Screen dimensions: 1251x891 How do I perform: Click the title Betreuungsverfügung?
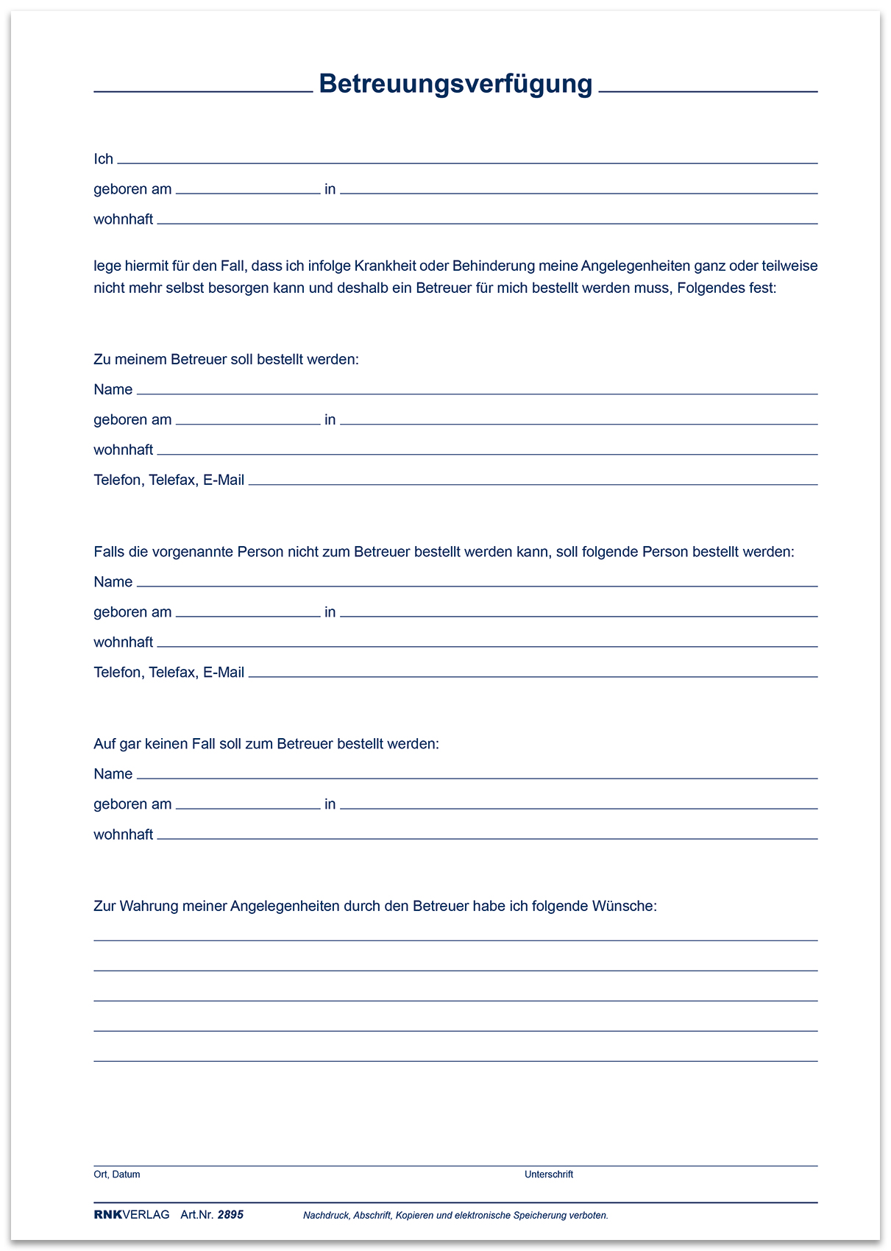455,84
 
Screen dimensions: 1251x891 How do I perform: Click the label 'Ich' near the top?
103,159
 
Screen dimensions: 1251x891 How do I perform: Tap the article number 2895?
230,1215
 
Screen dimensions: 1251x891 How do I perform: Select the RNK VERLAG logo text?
132,1215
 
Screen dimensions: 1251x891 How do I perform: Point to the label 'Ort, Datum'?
117,1174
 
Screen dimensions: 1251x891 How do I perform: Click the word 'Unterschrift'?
549,1174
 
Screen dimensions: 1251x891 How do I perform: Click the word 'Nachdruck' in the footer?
325,1216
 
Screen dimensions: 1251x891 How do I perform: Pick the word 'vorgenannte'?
194,552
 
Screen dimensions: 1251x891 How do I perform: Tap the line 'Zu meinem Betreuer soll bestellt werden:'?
226,360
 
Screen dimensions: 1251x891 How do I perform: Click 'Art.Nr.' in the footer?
196,1215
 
